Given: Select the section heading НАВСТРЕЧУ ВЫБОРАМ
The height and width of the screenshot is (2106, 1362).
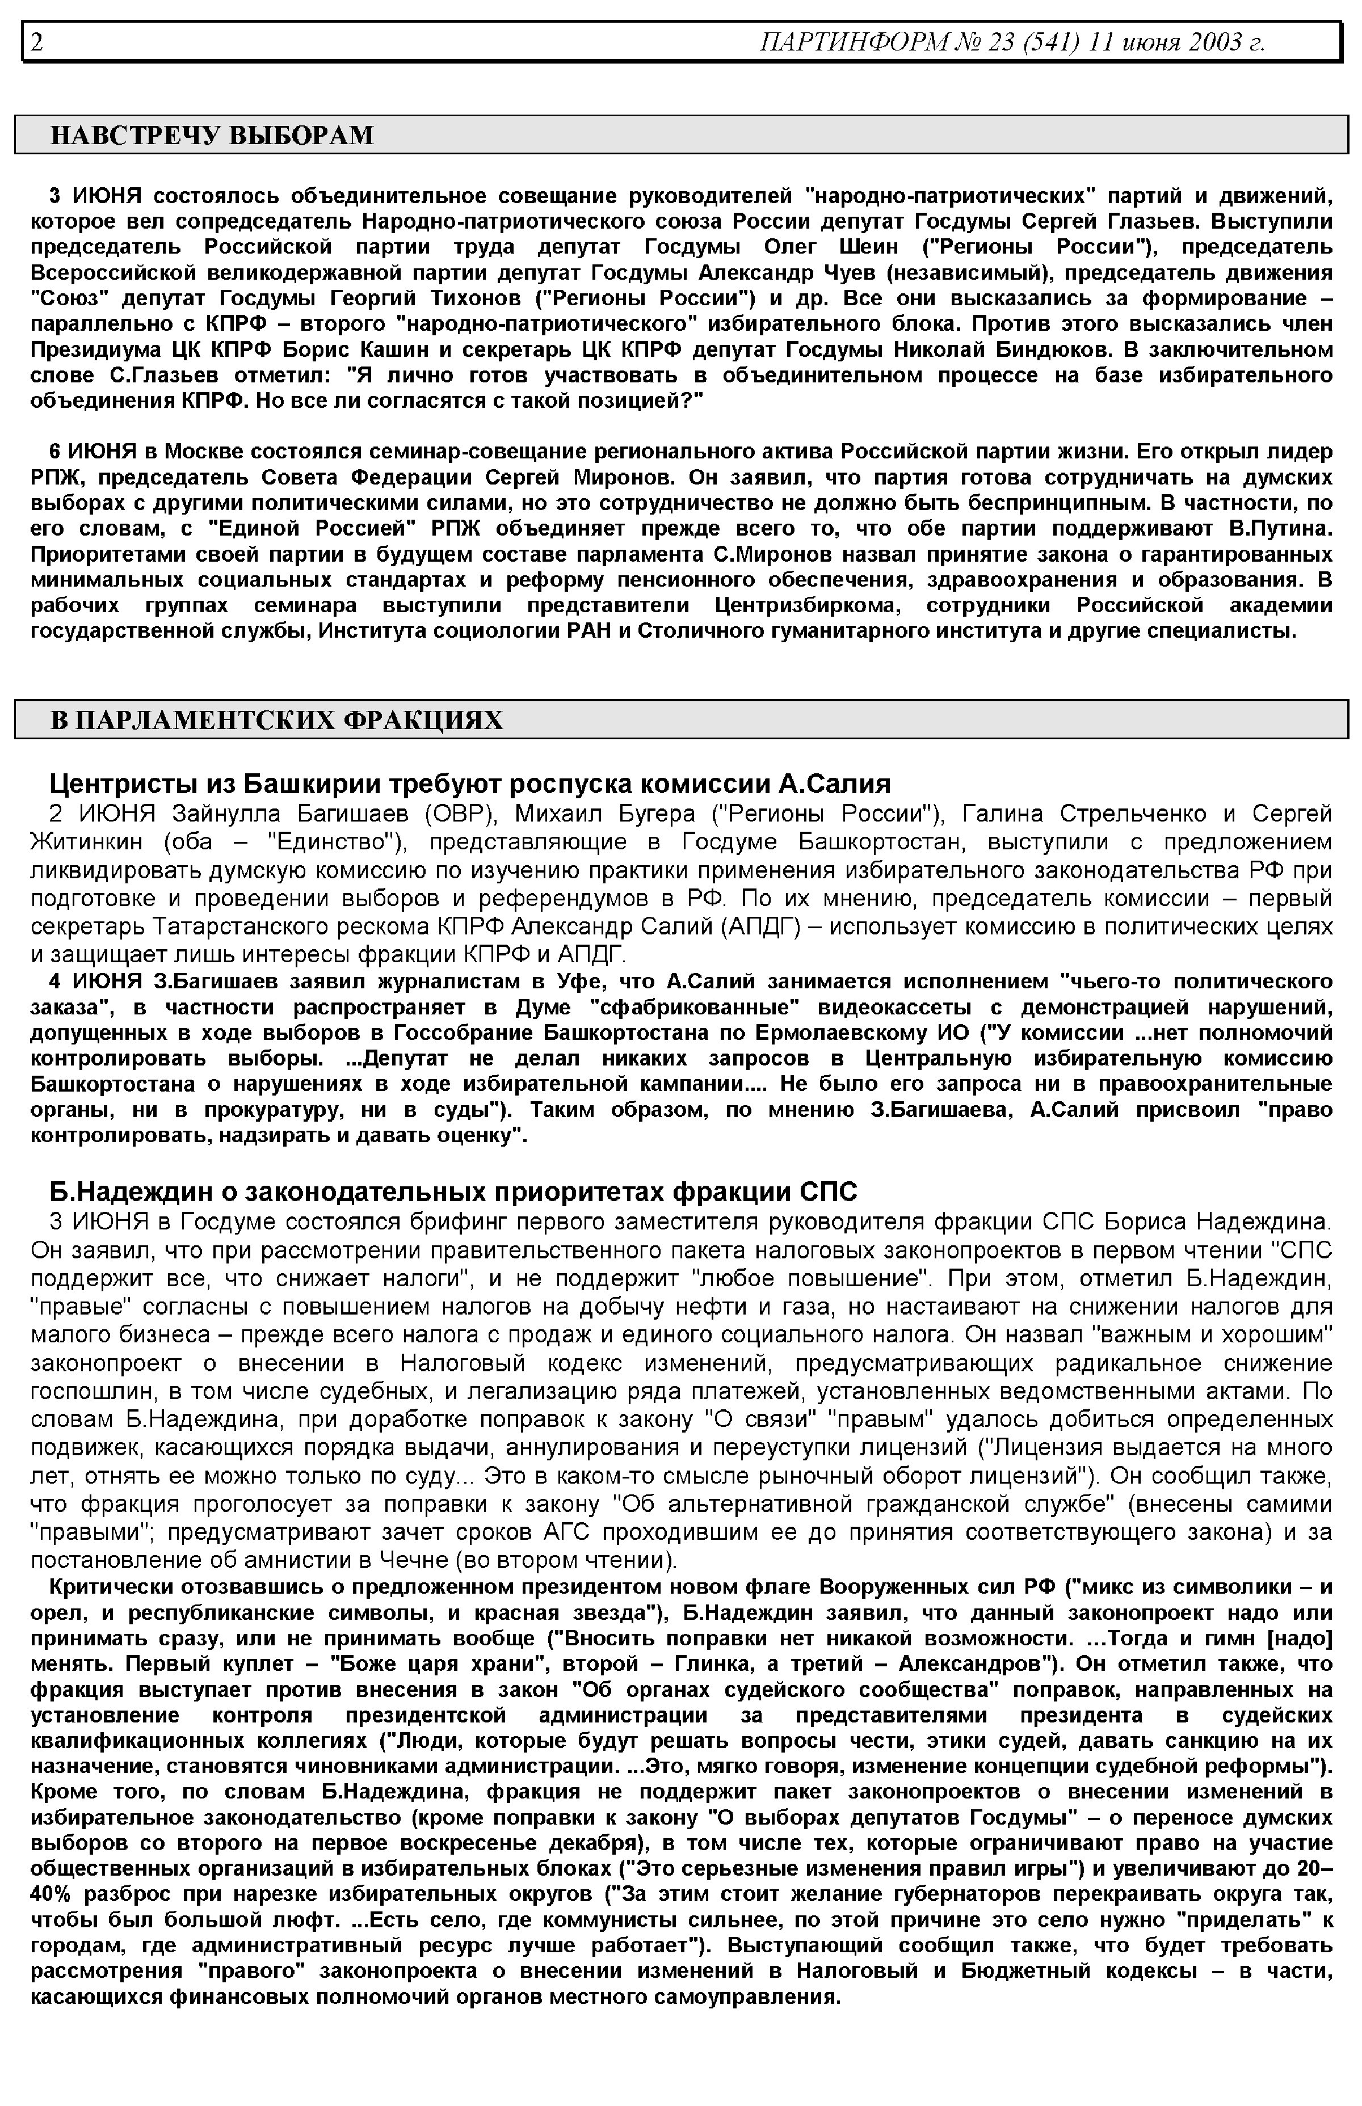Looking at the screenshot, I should pos(212,135).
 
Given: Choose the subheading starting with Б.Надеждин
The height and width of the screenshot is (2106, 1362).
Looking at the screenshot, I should pos(453,1193).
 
